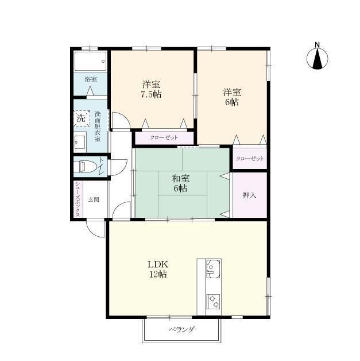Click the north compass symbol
pos(318,59)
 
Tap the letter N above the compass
pos(318,45)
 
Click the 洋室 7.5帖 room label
pos(151,89)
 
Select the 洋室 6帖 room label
pos(232,97)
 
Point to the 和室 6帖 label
pos(181,183)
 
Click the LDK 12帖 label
pos(158,269)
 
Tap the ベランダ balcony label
pos(182,329)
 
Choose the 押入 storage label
pos(249,195)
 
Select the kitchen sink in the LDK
pos(213,268)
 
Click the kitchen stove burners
pos(213,302)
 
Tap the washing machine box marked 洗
pos(82,118)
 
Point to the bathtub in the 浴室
pos(90,61)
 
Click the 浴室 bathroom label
pos(91,79)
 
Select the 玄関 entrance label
pos(94,199)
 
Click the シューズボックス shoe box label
pos(78,199)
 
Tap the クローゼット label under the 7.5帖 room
pos(164,138)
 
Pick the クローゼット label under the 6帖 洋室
pos(250,159)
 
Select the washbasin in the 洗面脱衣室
pos(80,142)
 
